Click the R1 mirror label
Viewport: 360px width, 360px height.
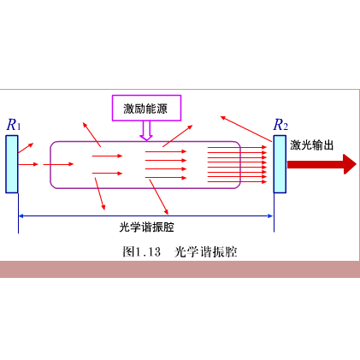(x=14, y=125)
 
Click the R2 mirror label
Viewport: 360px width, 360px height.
(x=280, y=125)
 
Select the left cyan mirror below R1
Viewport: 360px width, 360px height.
(x=12, y=164)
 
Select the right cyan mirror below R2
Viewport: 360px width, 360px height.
(x=280, y=164)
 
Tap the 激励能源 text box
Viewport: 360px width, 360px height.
(x=146, y=108)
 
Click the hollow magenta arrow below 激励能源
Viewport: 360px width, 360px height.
(x=146, y=131)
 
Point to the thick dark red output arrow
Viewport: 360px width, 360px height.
(x=322, y=164)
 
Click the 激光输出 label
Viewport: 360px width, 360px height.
(x=312, y=145)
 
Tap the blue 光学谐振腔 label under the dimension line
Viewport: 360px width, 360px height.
(x=146, y=227)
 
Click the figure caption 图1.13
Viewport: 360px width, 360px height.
(x=142, y=251)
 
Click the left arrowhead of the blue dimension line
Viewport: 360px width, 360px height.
(x=21, y=216)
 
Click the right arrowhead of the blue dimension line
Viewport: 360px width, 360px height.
(x=270, y=216)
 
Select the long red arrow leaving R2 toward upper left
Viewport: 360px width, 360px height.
(x=246, y=129)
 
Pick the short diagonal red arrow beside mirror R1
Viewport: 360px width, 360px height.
(x=26, y=148)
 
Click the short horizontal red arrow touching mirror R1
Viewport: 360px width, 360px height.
(x=28, y=164)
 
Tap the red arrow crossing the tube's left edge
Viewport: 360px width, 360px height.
(x=58, y=164)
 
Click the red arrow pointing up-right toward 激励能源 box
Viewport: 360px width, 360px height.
(x=178, y=136)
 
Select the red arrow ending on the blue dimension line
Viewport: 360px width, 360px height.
(x=159, y=197)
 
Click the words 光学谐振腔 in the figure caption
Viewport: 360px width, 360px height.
(x=205, y=251)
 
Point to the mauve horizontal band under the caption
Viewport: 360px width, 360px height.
(x=180, y=269)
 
